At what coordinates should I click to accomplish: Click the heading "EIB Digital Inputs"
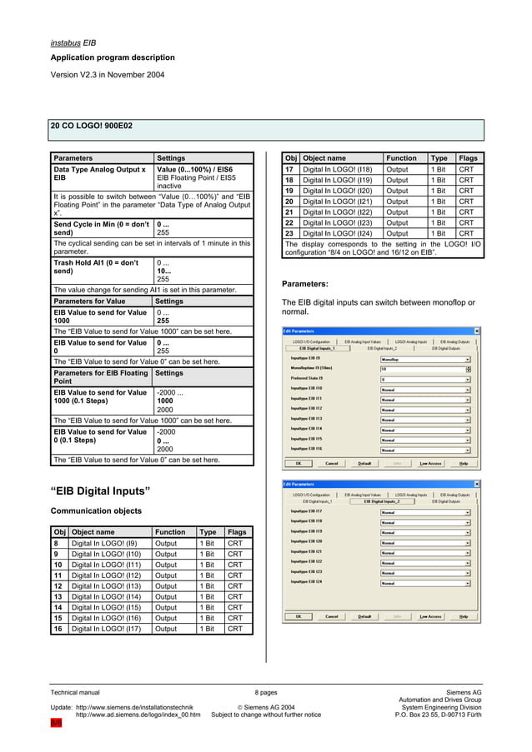tap(100, 491)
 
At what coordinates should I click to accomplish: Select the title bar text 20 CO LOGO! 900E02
tap(91, 126)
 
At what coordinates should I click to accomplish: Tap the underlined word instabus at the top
tap(65, 41)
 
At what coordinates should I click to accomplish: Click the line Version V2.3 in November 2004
tap(107, 74)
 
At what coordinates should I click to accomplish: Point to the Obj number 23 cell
tap(290, 234)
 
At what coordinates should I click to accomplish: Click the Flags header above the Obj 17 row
tap(468, 158)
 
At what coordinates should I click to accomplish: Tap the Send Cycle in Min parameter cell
tap(101, 229)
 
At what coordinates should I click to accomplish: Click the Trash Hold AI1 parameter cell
tap(101, 266)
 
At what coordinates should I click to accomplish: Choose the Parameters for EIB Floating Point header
tap(101, 378)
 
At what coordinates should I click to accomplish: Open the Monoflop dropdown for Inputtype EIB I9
tap(425, 359)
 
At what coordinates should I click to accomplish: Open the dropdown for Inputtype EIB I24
tap(425, 583)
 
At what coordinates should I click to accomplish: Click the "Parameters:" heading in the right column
tap(304, 284)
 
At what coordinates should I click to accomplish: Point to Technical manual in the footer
tap(75, 692)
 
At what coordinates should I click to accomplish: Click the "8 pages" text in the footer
tap(266, 692)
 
